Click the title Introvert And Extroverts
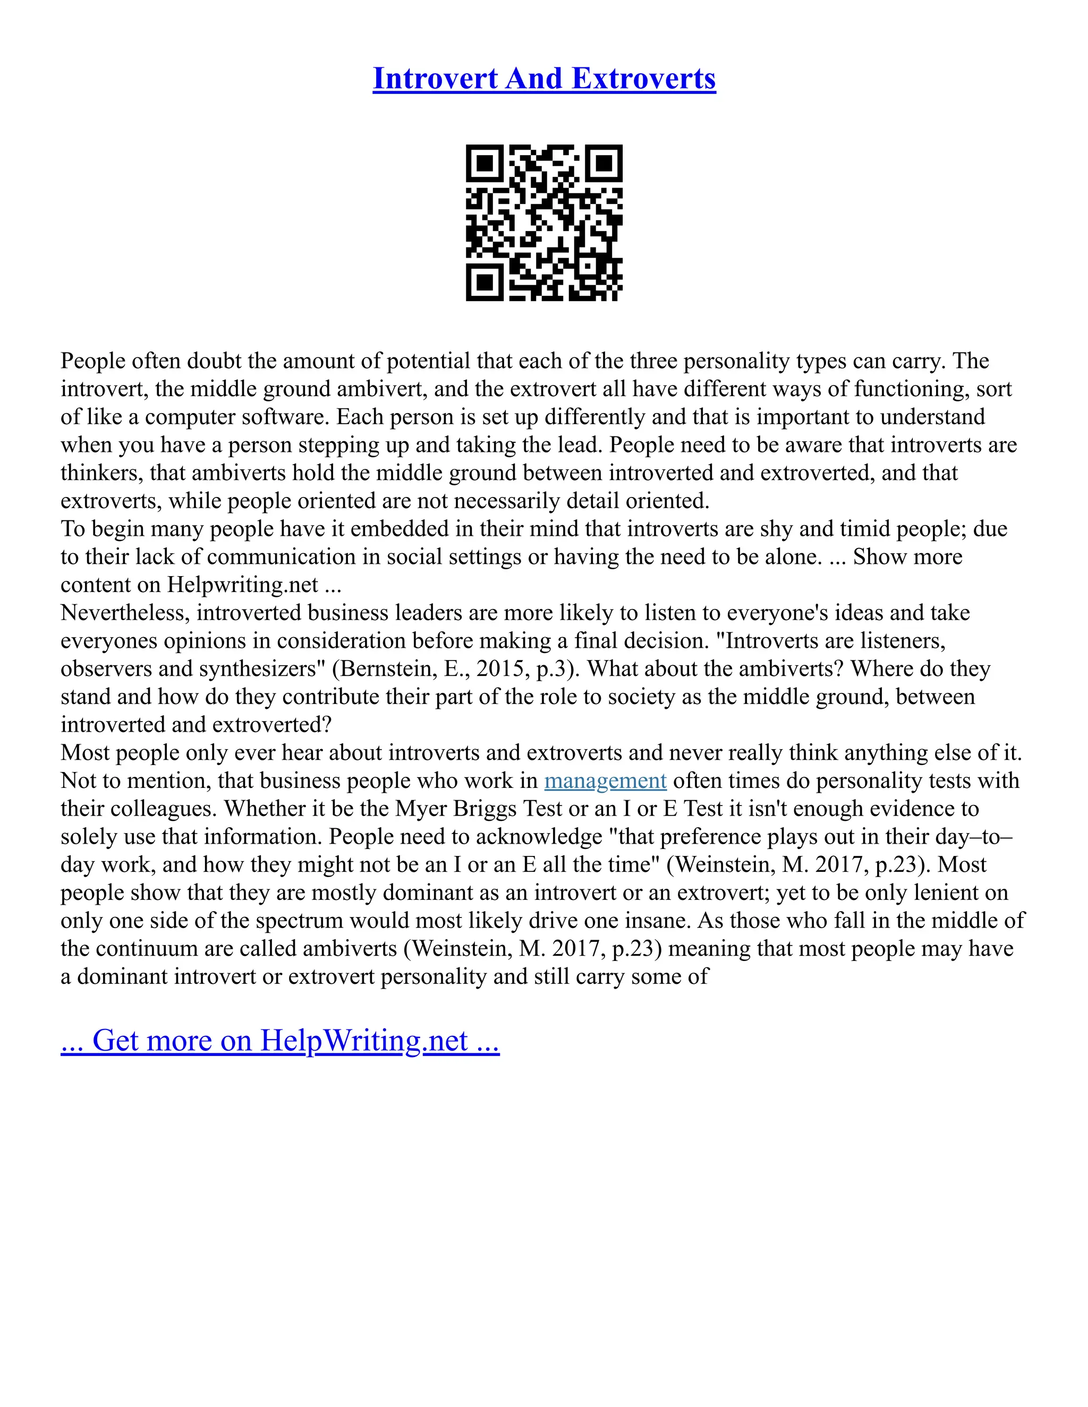point(544,79)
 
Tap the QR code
point(544,222)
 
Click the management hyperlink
point(605,781)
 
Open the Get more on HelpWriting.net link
point(280,1041)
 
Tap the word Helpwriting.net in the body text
point(242,585)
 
